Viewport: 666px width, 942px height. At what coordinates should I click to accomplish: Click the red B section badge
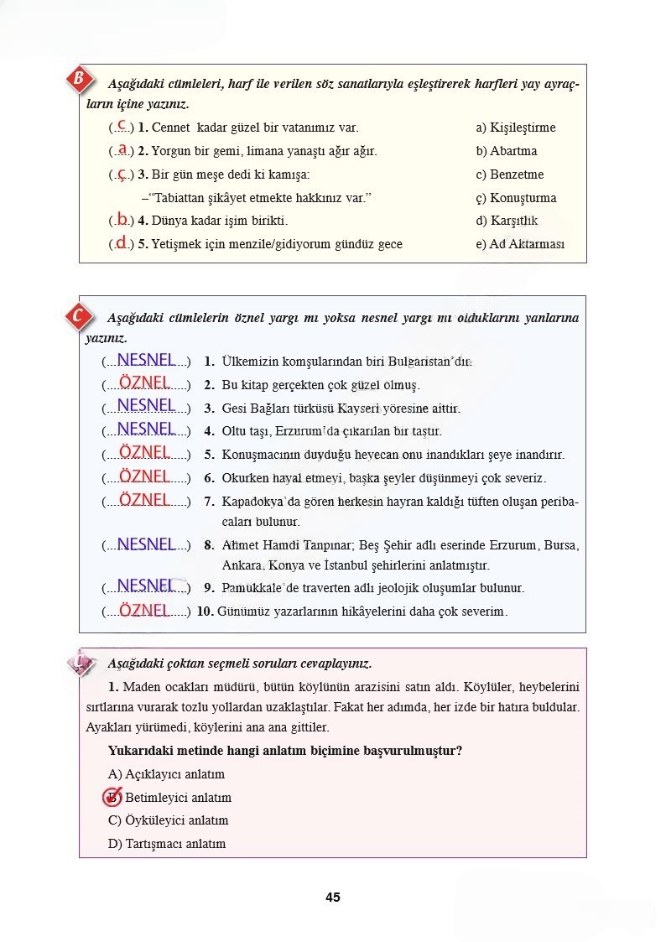[79, 81]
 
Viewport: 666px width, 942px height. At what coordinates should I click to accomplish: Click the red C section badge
[78, 317]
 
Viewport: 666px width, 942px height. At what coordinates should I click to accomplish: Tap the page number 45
[333, 897]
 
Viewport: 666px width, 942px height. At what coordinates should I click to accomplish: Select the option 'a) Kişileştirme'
[515, 128]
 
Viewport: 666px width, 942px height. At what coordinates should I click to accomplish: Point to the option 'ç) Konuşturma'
[516, 198]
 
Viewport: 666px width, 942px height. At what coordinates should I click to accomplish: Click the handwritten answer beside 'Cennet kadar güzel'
[122, 126]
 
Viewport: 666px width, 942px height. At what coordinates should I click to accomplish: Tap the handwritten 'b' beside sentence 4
[122, 219]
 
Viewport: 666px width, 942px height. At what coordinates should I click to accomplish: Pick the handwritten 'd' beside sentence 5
[122, 242]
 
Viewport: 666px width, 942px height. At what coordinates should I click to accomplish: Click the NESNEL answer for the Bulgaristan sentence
[147, 360]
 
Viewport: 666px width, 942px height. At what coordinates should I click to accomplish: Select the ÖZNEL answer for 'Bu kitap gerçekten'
[145, 383]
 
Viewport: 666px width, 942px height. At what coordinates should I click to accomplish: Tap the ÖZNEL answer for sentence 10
[145, 610]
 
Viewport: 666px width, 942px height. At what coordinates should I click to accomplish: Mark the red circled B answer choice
[112, 797]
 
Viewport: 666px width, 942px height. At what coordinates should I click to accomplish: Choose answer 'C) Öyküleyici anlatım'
[168, 820]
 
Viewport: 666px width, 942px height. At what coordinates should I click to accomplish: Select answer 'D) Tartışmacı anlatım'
[167, 844]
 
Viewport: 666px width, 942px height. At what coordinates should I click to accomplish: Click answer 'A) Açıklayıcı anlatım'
[166, 774]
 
